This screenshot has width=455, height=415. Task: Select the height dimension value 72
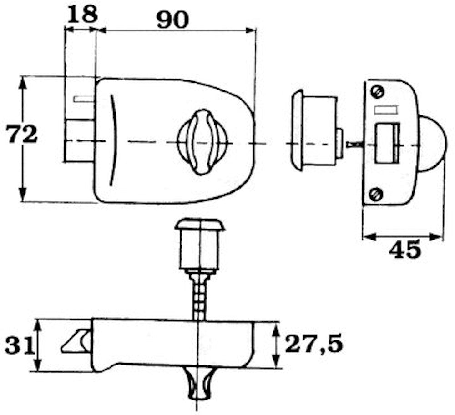click(x=22, y=134)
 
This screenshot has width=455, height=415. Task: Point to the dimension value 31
click(x=19, y=345)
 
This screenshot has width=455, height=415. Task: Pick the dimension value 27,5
click(x=313, y=344)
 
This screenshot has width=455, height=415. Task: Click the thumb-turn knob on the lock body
click(x=202, y=142)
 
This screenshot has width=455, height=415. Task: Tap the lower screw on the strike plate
click(x=376, y=194)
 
